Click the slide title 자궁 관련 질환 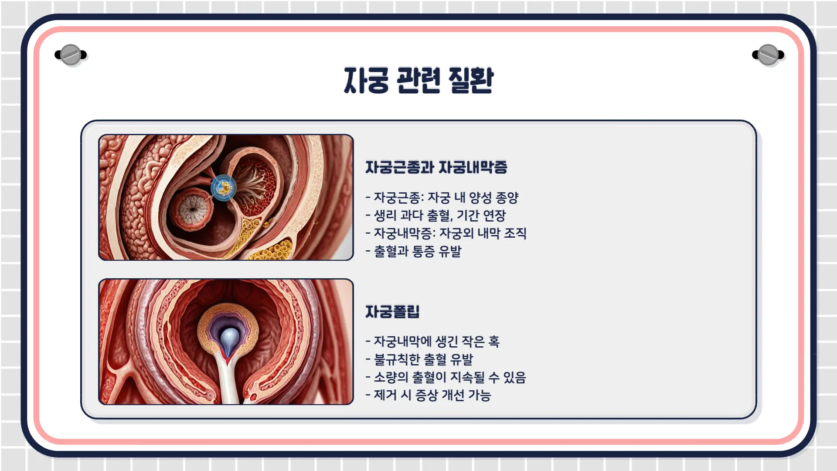click(418, 80)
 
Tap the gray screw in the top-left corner click(71, 55)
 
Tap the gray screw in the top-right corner click(768, 55)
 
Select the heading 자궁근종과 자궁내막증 click(436, 167)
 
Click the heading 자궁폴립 click(392, 311)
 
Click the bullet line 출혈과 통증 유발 click(413, 251)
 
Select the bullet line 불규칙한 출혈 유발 click(419, 359)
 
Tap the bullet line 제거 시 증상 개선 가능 click(429, 395)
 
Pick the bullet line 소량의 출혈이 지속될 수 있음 click(446, 377)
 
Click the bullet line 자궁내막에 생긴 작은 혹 click(432, 341)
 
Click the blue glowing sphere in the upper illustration click(224, 188)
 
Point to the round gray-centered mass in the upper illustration click(191, 208)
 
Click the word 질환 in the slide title click(471, 80)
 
